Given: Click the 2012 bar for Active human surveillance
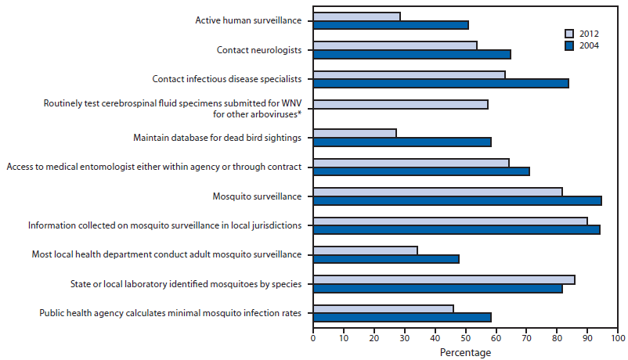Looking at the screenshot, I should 356,16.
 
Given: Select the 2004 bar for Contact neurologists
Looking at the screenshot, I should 412,54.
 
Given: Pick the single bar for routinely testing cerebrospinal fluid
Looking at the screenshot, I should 400,104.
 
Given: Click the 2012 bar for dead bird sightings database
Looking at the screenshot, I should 355,133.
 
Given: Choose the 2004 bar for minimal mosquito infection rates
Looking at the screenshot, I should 402,317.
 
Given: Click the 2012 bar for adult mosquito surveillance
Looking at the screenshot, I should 365,250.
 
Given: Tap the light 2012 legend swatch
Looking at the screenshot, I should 570,34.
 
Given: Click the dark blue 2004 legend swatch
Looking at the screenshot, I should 570,46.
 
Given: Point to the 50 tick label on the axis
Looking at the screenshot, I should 466,339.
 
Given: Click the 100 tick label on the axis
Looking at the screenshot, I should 618,339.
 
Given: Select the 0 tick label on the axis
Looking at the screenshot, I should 313,339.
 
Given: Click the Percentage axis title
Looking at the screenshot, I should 465,353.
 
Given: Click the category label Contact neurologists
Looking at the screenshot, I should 259,50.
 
